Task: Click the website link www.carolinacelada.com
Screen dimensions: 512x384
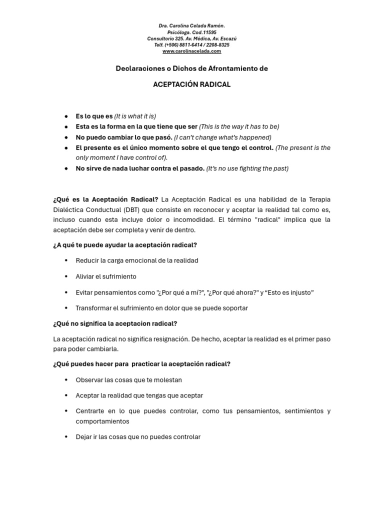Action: [191, 51]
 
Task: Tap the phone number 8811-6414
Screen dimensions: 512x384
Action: [189, 44]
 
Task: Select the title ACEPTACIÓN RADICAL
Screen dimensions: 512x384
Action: [191, 84]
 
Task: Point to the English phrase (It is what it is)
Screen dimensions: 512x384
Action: [135, 116]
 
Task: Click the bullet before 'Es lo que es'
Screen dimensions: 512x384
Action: [66, 116]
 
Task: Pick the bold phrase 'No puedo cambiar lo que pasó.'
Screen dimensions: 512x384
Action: [124, 137]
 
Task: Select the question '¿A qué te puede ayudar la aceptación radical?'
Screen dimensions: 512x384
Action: [125, 245]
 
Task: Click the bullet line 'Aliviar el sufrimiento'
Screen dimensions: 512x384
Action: [106, 276]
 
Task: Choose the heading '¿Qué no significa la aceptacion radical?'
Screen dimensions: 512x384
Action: [115, 323]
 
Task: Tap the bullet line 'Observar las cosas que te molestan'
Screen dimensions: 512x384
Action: [129, 380]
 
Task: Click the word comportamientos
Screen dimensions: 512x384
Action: [102, 421]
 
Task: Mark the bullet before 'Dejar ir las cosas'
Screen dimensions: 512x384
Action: [66, 437]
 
